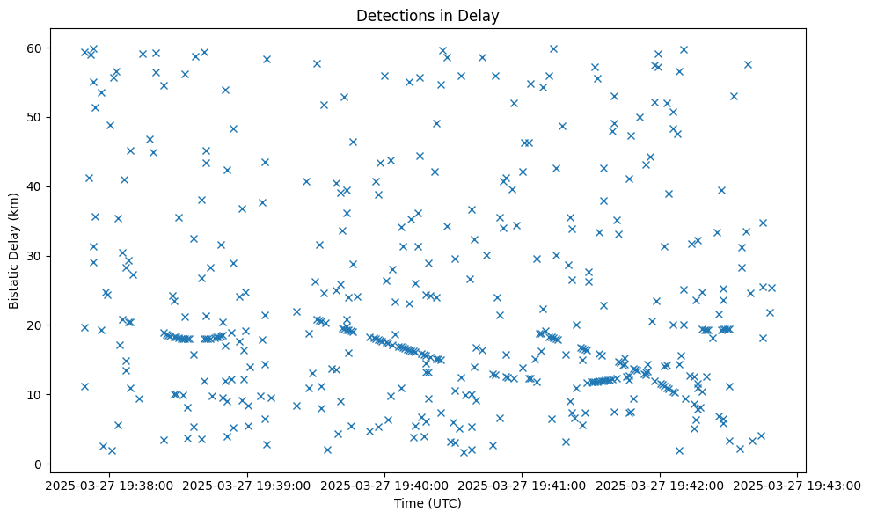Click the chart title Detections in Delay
pyautogui.click(x=427, y=15)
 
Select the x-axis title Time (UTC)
pyautogui.click(x=427, y=503)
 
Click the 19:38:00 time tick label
pyautogui.click(x=111, y=485)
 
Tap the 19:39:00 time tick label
pyautogui.click(x=248, y=485)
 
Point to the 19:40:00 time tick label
pyautogui.click(x=385, y=485)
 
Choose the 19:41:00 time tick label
pyautogui.click(x=523, y=485)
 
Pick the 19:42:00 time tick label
pyautogui.click(x=660, y=485)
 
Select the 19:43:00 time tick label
pyautogui.click(x=797, y=485)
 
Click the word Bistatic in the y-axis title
pyautogui.click(x=14, y=281)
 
